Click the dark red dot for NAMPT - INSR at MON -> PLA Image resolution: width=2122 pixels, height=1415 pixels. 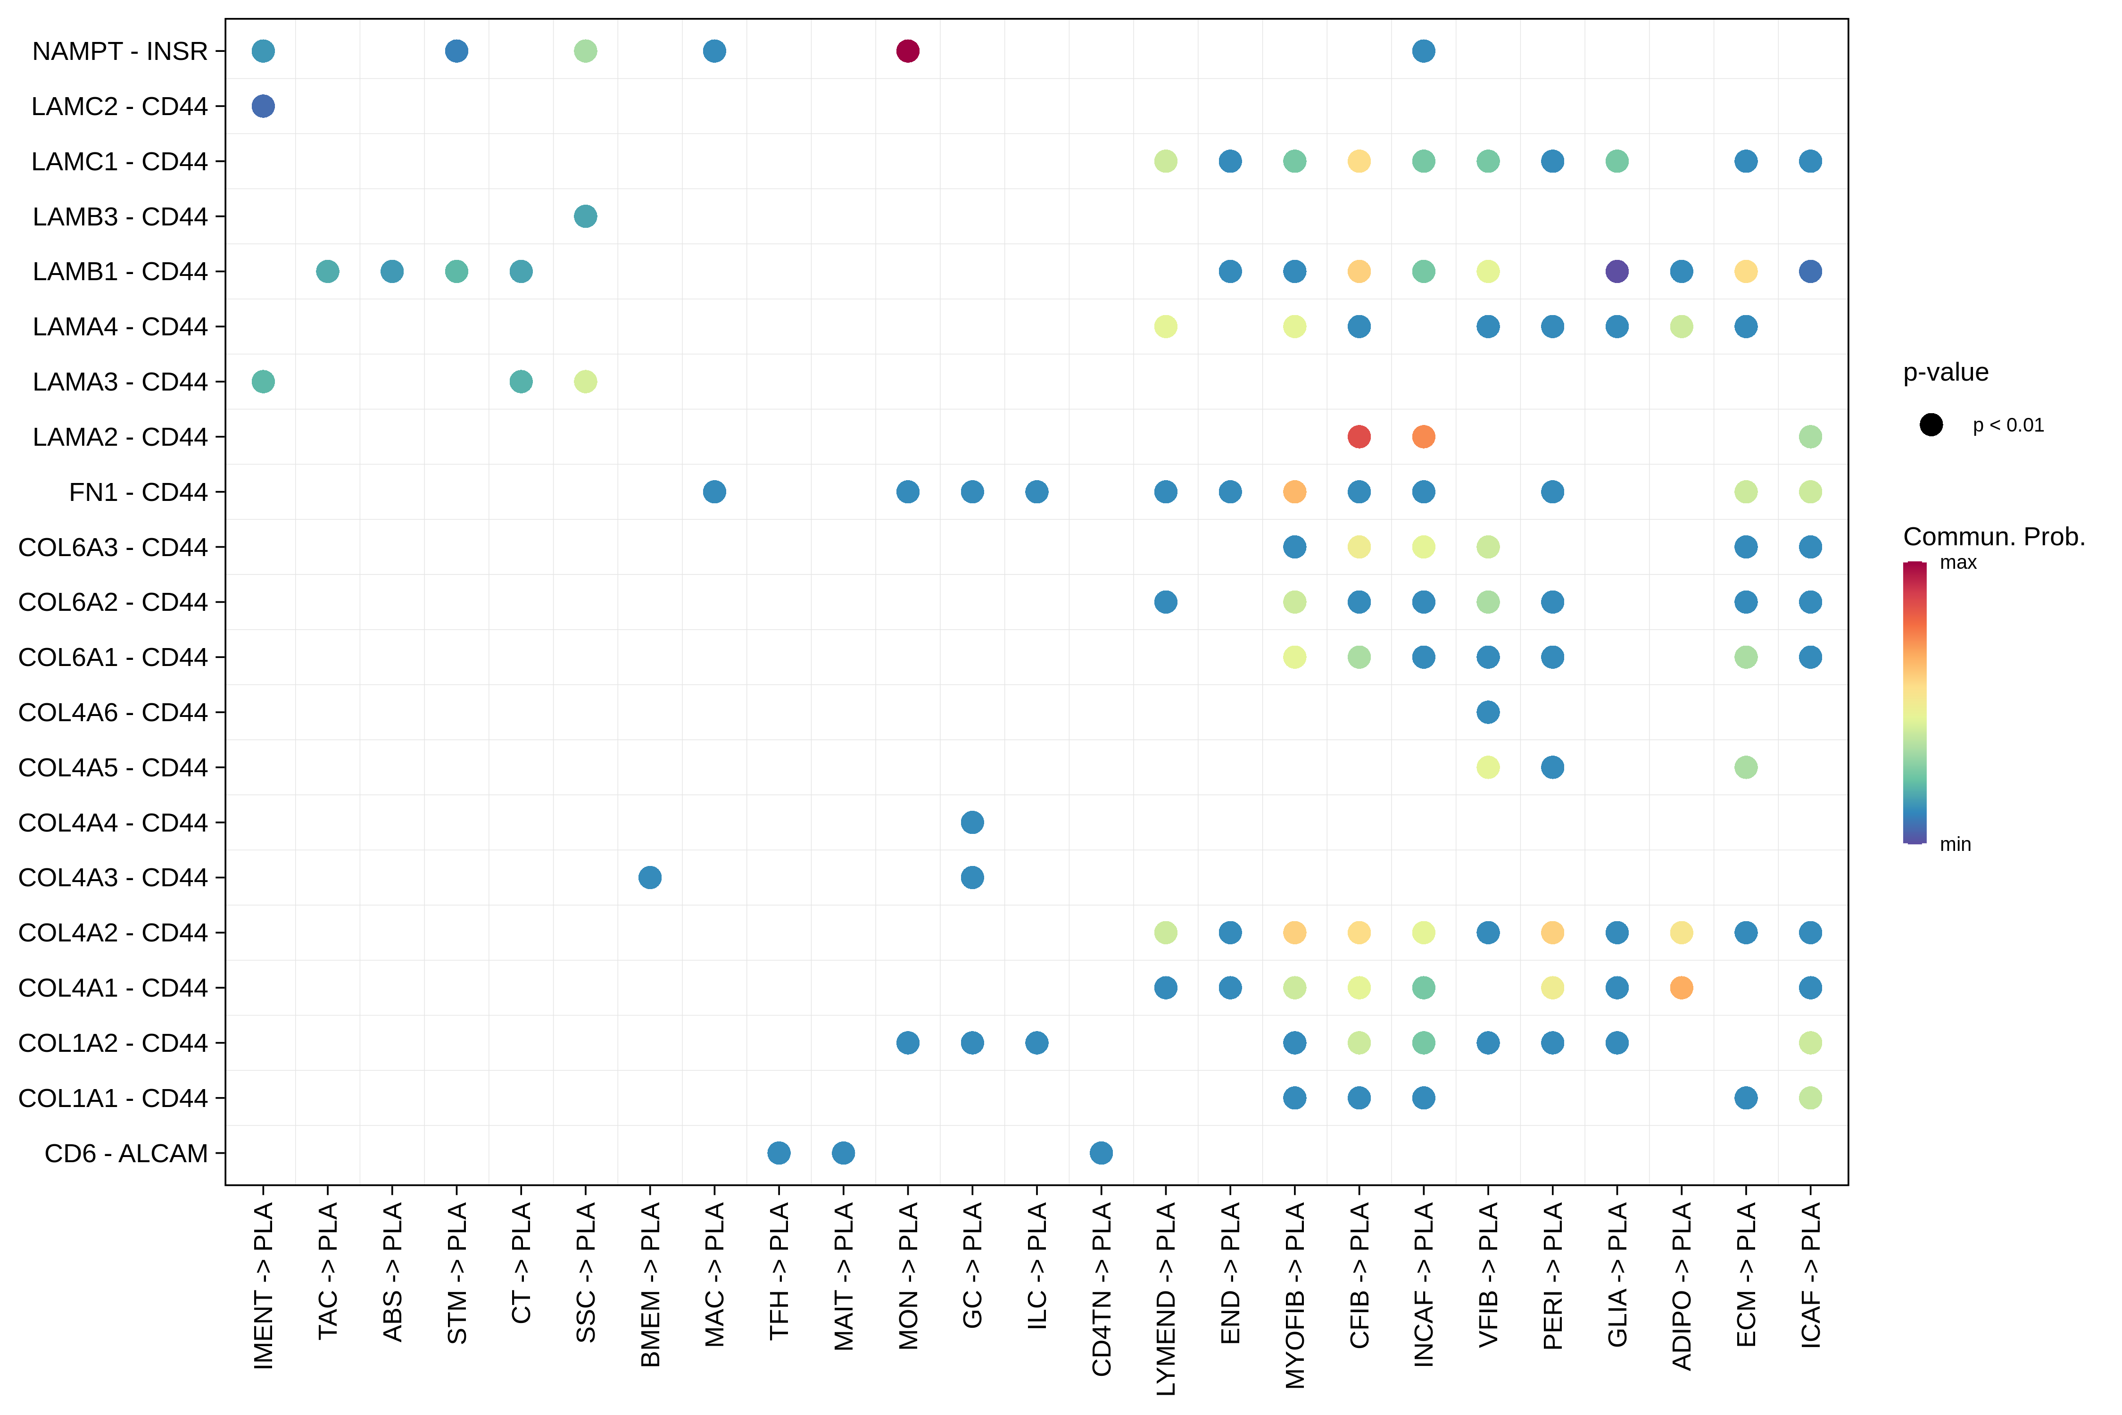click(x=908, y=51)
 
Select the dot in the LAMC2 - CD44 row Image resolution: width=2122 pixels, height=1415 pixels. click(x=263, y=107)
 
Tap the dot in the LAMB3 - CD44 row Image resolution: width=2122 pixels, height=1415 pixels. click(x=586, y=216)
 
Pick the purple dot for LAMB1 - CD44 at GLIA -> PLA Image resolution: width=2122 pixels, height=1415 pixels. click(x=1617, y=272)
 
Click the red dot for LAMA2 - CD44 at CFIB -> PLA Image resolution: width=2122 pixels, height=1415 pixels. click(x=1359, y=437)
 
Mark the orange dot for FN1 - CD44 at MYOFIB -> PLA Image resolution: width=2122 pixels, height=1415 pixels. click(x=1295, y=492)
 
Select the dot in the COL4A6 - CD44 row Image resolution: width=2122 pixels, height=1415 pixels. click(x=1488, y=712)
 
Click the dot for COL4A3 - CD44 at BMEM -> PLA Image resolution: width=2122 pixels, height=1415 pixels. click(x=650, y=877)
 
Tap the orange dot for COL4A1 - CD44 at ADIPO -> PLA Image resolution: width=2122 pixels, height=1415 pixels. click(x=1681, y=988)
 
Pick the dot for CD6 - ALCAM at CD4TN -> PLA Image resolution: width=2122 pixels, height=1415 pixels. click(x=1101, y=1153)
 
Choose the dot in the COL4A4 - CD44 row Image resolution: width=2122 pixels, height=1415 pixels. click(x=972, y=822)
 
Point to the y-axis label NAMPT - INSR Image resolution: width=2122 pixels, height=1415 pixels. click(x=120, y=51)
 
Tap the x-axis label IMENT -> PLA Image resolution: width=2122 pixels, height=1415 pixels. click(x=263, y=1285)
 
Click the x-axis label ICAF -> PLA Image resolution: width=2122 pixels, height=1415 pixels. click(x=1810, y=1275)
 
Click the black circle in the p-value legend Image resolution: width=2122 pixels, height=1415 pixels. click(x=1931, y=425)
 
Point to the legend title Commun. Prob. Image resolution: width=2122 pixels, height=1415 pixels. click(x=1994, y=537)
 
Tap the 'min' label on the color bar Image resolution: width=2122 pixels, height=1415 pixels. click(x=1955, y=845)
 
